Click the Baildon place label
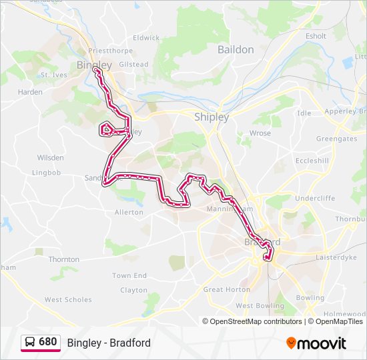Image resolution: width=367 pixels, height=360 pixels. click(236, 49)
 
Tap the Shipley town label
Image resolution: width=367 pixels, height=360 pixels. click(212, 117)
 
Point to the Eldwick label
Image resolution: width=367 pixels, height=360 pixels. click(146, 38)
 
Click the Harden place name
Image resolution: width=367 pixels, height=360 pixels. click(30, 92)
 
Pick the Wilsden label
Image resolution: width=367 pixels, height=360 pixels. click(51, 158)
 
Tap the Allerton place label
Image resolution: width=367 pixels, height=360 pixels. click(129, 212)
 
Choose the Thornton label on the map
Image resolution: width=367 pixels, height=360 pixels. click(64, 259)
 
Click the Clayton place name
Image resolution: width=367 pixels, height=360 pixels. click(133, 290)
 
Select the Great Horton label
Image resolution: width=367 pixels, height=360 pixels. click(227, 290)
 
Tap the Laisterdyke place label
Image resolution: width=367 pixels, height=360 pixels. click(337, 256)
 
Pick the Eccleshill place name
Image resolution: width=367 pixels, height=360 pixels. click(312, 161)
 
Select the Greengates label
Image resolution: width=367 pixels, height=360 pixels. click(336, 139)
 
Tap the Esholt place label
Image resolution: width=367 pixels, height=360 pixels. click(316, 36)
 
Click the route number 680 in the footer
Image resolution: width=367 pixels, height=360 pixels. click(47, 342)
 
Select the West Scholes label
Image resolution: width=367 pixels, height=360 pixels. click(68, 300)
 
